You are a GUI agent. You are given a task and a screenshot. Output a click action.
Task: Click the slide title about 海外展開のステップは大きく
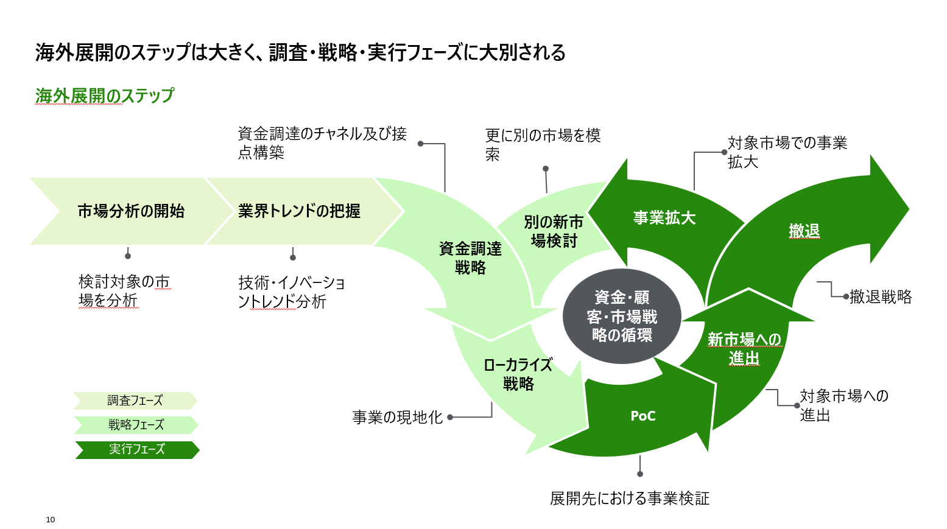pyautogui.click(x=300, y=52)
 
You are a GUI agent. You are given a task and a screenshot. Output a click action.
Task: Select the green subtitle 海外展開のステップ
pyautogui.click(x=104, y=96)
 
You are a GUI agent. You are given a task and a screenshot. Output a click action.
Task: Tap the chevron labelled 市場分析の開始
pyautogui.click(x=131, y=211)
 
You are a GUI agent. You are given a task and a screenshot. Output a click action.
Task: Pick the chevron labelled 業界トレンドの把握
pyautogui.click(x=299, y=211)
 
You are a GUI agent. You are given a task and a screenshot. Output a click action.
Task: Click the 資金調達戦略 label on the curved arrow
pyautogui.click(x=470, y=257)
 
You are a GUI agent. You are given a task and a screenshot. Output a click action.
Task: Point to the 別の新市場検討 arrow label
pyautogui.click(x=554, y=231)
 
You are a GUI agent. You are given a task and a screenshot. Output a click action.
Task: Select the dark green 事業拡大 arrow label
pyautogui.click(x=664, y=218)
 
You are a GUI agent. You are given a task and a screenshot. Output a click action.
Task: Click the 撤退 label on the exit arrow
pyautogui.click(x=804, y=231)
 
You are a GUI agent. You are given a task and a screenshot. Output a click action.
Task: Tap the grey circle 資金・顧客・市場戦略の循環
pyautogui.click(x=621, y=316)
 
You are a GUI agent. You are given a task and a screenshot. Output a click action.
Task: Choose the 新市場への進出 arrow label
pyautogui.click(x=744, y=348)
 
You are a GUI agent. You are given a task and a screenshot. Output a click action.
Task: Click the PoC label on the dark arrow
pyautogui.click(x=643, y=416)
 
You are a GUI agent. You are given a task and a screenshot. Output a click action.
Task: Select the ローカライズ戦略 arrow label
pyautogui.click(x=518, y=374)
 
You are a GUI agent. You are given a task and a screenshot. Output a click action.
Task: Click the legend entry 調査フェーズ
pyautogui.click(x=135, y=401)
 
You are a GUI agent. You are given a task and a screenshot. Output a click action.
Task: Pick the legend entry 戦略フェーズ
pyautogui.click(x=136, y=425)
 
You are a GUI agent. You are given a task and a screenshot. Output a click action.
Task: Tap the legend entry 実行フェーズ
pyautogui.click(x=136, y=449)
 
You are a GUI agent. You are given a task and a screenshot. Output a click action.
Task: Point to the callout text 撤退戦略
pyautogui.click(x=881, y=296)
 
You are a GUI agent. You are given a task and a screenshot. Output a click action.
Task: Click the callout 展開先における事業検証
pyautogui.click(x=630, y=499)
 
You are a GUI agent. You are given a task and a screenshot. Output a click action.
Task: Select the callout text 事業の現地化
pyautogui.click(x=397, y=417)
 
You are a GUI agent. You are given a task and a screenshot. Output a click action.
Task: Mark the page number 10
pyautogui.click(x=51, y=519)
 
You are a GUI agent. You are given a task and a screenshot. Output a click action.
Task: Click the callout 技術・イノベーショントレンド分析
pyautogui.click(x=291, y=292)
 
